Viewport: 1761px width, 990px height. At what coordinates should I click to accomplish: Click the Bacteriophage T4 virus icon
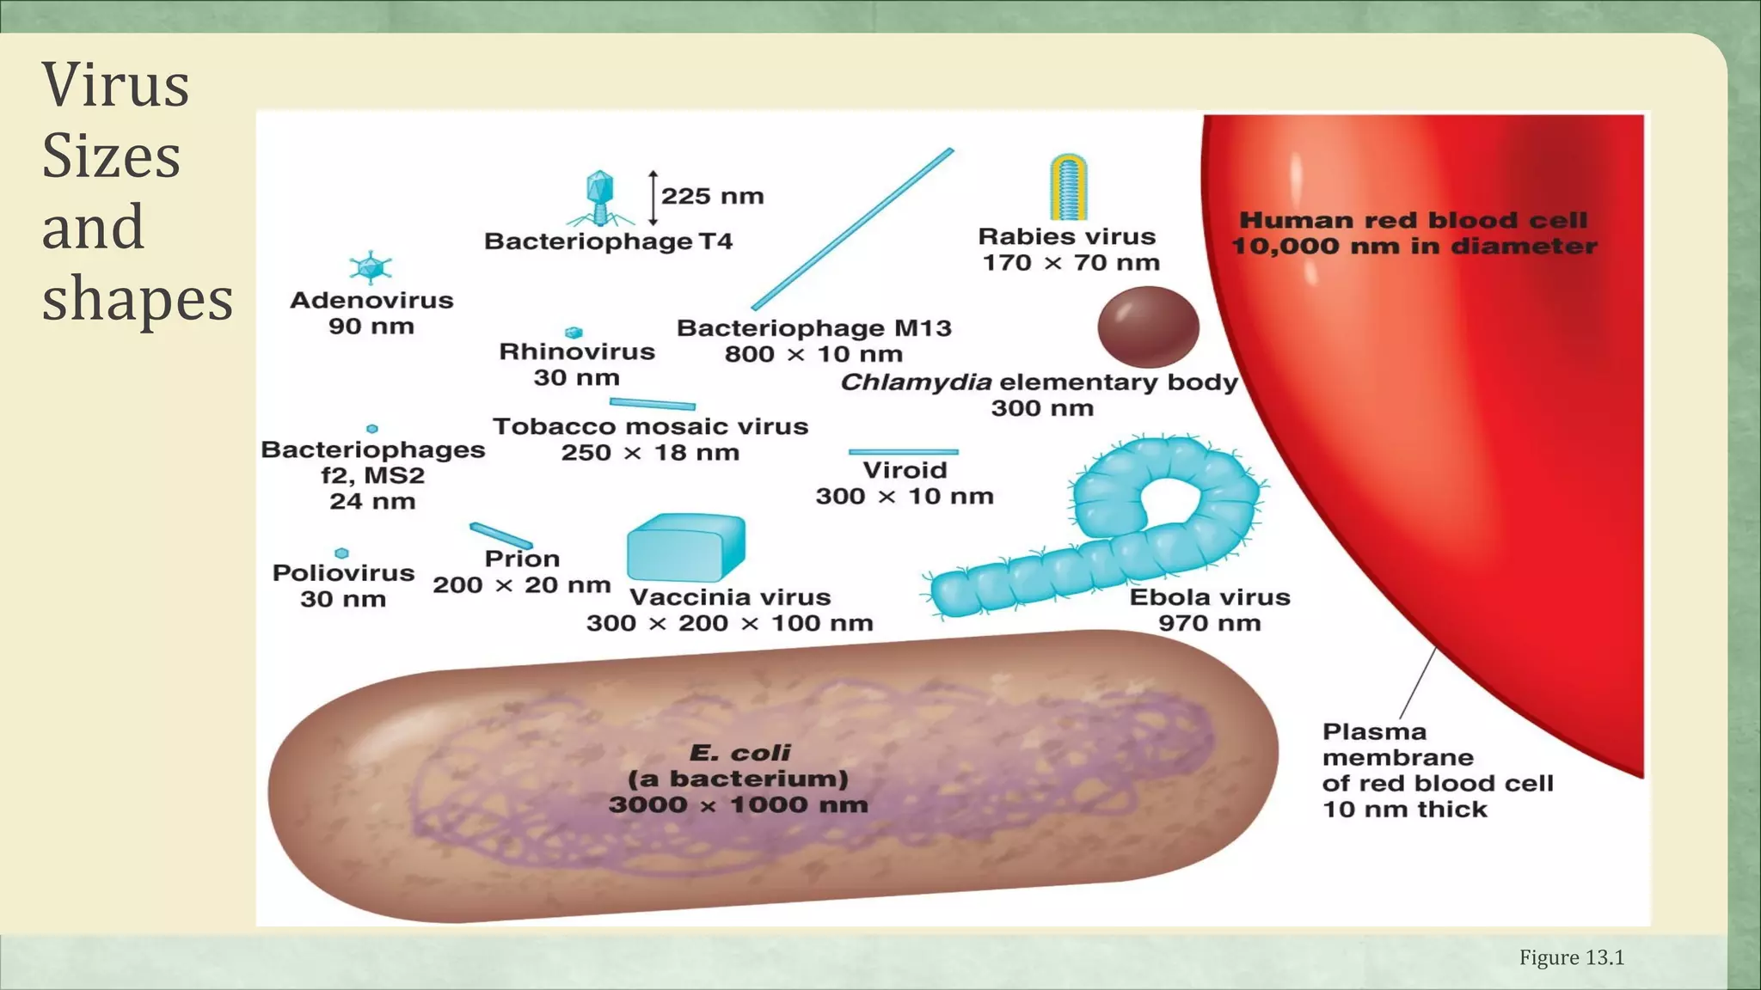tap(598, 197)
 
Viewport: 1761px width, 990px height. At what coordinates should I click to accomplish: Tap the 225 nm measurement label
tap(712, 196)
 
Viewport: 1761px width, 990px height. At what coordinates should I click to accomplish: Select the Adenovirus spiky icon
tap(371, 267)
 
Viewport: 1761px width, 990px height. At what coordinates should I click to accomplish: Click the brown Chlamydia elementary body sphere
tap(1148, 327)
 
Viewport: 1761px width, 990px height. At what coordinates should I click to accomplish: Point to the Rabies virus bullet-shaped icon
tap(1068, 186)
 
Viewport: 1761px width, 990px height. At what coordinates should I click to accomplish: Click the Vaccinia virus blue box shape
tap(685, 547)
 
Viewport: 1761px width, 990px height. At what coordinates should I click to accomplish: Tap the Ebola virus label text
tap(1209, 597)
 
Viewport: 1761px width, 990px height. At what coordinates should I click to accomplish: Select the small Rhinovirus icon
tap(574, 333)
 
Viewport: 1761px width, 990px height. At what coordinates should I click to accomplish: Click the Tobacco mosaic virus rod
tap(652, 404)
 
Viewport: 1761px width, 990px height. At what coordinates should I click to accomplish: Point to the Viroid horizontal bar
tap(903, 451)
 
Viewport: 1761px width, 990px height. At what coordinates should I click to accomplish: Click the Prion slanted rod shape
tap(500, 535)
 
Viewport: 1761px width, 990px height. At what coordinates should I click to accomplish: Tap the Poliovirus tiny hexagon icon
tap(341, 553)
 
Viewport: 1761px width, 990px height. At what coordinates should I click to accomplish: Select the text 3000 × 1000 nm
tap(738, 805)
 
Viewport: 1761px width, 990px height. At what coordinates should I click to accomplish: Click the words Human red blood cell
tap(1413, 221)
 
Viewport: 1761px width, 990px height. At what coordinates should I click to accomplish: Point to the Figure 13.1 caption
tap(1571, 957)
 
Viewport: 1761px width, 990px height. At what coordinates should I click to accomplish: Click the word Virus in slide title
tap(115, 86)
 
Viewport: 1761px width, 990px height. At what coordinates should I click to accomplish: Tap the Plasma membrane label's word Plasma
tap(1374, 732)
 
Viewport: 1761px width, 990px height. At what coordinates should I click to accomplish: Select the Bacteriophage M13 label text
tap(813, 328)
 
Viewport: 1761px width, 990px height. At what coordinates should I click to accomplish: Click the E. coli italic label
tap(739, 753)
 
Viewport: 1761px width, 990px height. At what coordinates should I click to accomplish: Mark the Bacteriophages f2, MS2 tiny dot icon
tap(372, 428)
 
